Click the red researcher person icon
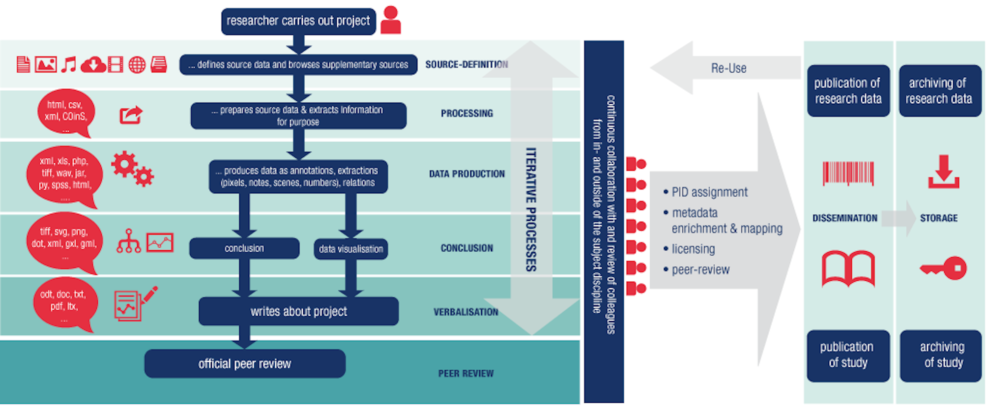(x=391, y=20)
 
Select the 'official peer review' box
(x=245, y=363)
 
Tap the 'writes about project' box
(x=298, y=311)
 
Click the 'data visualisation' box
(x=350, y=249)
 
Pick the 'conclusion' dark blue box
(x=244, y=248)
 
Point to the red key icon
(x=943, y=268)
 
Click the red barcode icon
(x=848, y=173)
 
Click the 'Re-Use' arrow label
(x=728, y=68)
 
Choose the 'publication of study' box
(x=848, y=355)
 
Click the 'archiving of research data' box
(x=939, y=90)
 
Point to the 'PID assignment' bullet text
(x=709, y=192)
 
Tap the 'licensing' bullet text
(x=693, y=249)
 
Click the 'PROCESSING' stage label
(x=466, y=113)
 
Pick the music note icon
(x=68, y=64)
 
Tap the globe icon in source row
(x=137, y=64)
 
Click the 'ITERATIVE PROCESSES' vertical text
(x=531, y=209)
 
